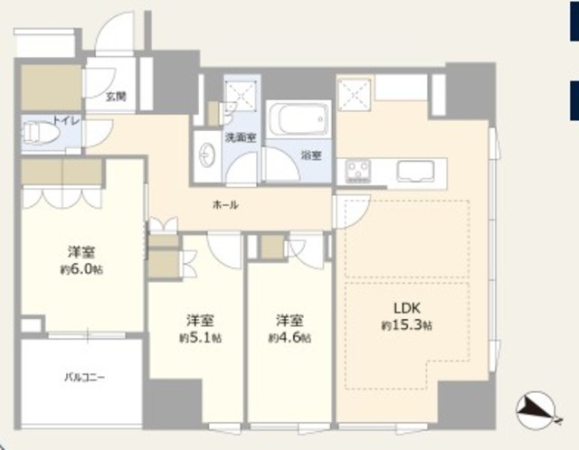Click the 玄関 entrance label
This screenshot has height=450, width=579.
[x=116, y=97]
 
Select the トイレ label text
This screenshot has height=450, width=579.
[x=66, y=120]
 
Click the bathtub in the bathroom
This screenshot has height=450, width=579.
[x=299, y=118]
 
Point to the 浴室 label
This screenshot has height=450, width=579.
[x=311, y=155]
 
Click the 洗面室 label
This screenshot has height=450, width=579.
[x=242, y=137]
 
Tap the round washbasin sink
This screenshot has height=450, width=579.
[x=205, y=155]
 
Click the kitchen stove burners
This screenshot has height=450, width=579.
[x=358, y=171]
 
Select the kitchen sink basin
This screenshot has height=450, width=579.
[x=416, y=172]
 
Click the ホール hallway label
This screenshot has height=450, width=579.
[x=225, y=205]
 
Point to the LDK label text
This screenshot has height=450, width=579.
[x=407, y=308]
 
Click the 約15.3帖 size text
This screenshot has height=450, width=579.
[x=407, y=325]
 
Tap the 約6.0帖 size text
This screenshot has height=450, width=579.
[x=81, y=269]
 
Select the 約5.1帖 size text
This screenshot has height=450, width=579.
[x=201, y=338]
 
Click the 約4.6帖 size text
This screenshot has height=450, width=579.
[x=289, y=338]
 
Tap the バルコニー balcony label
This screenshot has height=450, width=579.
[x=85, y=378]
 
